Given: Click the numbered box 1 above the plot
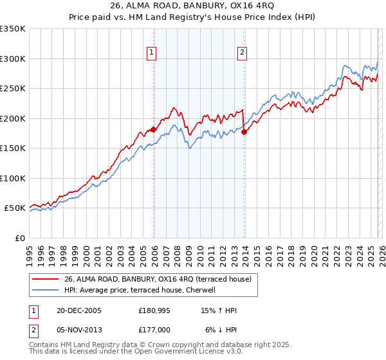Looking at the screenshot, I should tap(152, 53).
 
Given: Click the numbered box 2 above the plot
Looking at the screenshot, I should tap(243, 53).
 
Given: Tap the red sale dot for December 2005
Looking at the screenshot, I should tap(154, 129).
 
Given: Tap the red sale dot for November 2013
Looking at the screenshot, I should tap(244, 132).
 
